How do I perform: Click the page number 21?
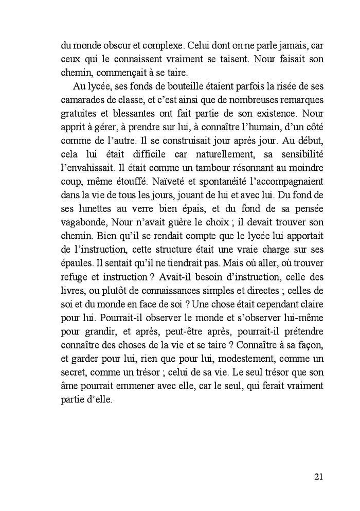[x=318, y=477]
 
